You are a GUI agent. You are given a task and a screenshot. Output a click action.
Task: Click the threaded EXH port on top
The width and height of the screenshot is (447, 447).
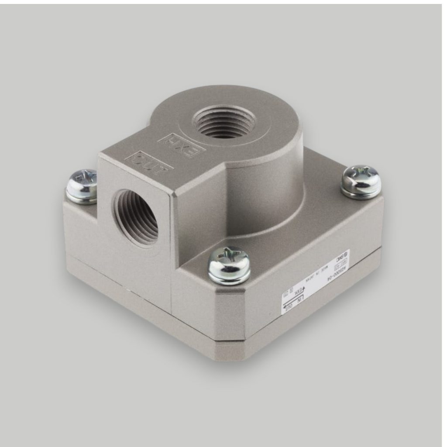tap(224, 121)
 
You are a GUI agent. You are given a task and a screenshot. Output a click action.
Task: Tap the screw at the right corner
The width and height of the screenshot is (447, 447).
tap(361, 181)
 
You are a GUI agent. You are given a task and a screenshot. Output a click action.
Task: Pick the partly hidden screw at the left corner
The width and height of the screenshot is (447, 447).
tap(82, 186)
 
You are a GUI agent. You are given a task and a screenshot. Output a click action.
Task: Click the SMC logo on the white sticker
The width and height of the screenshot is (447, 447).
tap(343, 256)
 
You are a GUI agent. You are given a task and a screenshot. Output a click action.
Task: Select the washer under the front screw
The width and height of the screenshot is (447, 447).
tap(229, 278)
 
